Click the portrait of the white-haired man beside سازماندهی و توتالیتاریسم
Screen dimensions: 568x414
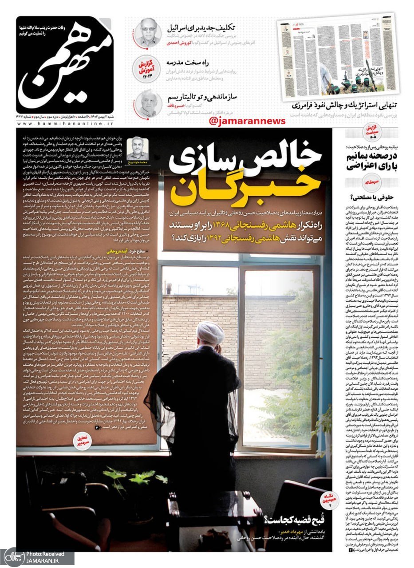(148, 103)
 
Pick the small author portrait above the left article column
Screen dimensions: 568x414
(138, 149)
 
